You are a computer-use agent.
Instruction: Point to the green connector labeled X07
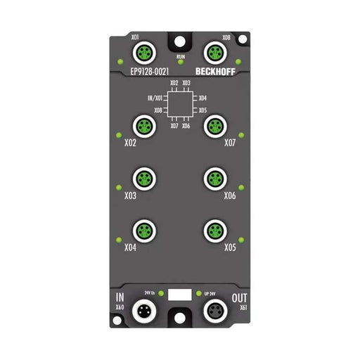(213, 127)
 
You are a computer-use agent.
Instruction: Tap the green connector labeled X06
(213, 179)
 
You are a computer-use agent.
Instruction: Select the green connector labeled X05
(213, 231)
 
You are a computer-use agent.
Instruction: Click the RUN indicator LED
(180, 63)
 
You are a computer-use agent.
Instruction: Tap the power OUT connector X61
(213, 310)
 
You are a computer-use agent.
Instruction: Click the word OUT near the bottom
(239, 298)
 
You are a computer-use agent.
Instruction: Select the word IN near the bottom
(120, 298)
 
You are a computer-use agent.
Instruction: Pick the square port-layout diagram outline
(180, 105)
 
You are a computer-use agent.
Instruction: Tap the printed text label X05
(231, 247)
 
